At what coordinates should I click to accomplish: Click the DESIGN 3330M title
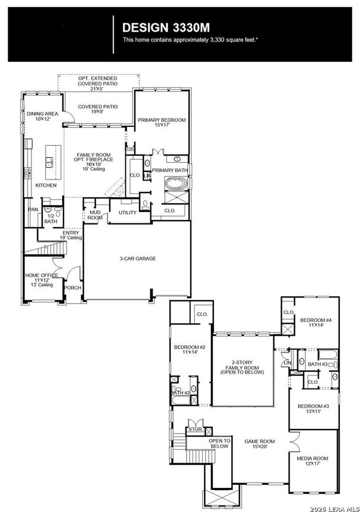click(166, 28)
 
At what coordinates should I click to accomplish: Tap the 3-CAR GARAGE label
click(137, 259)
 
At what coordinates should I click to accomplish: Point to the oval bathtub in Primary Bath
click(176, 183)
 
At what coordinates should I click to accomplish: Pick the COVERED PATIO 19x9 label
click(98, 109)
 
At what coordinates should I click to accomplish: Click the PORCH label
click(72, 288)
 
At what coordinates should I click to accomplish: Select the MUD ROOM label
click(95, 215)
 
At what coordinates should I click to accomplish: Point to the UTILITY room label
click(127, 212)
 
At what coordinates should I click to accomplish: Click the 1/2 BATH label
click(51, 218)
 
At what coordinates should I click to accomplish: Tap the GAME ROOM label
click(259, 444)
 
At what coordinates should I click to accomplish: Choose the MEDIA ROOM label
click(312, 461)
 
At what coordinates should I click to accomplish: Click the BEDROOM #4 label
click(316, 323)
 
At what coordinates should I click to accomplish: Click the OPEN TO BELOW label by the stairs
click(220, 443)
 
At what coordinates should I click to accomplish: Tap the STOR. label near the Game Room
click(195, 429)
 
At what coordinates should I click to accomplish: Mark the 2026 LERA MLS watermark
click(334, 509)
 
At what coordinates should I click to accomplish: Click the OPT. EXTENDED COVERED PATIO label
click(97, 84)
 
